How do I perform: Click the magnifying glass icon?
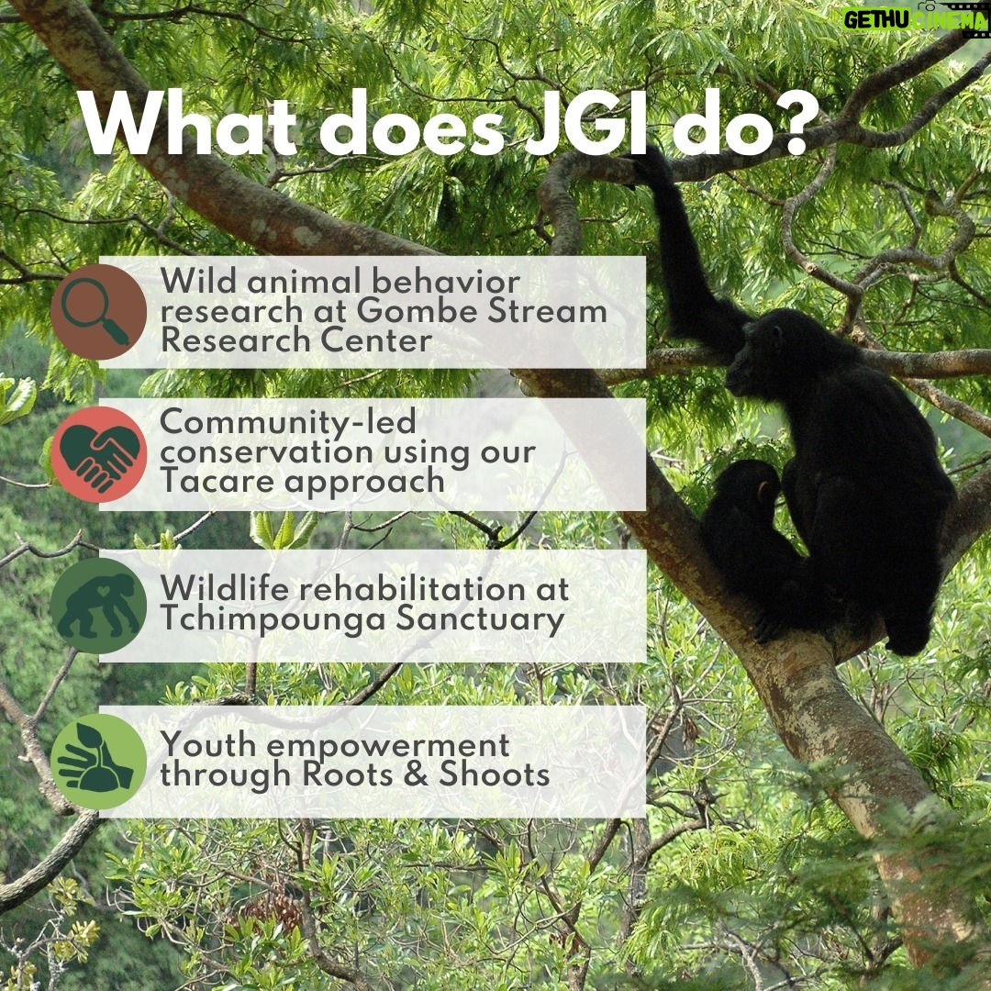point(98,312)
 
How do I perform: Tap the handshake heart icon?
point(98,455)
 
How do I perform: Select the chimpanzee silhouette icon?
point(98,606)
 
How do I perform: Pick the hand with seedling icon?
point(98,762)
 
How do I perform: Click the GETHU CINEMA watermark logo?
point(916,20)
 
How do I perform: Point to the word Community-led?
point(287,422)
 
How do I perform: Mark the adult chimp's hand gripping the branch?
point(651,163)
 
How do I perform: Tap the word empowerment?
point(387,747)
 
